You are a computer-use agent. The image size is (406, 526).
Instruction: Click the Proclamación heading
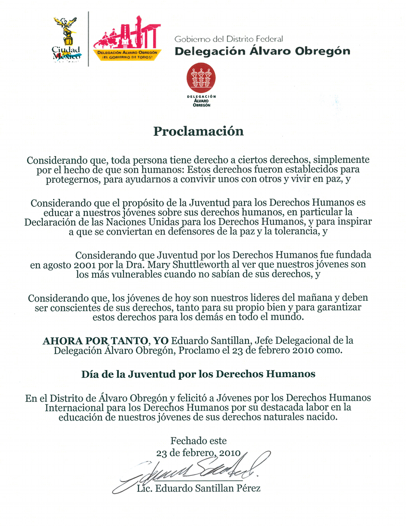pos(198,131)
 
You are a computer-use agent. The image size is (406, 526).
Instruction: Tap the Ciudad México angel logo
pos(66,39)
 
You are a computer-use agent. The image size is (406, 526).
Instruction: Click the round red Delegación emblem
pos(201,77)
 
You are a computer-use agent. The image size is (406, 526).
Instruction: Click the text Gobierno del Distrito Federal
pos(229,39)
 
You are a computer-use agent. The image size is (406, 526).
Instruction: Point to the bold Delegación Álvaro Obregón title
pos(262,51)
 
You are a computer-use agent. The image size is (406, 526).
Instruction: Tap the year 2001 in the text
pos(84,265)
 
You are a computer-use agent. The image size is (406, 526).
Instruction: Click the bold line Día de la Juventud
pos(198,374)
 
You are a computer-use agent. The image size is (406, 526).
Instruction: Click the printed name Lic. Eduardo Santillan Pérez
pos(199,488)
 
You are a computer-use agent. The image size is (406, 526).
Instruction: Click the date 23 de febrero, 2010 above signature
pos(199,453)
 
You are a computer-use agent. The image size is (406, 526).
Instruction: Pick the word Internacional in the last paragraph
pos(74,408)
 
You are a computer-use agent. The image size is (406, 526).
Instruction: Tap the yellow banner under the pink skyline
pos(127,55)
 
